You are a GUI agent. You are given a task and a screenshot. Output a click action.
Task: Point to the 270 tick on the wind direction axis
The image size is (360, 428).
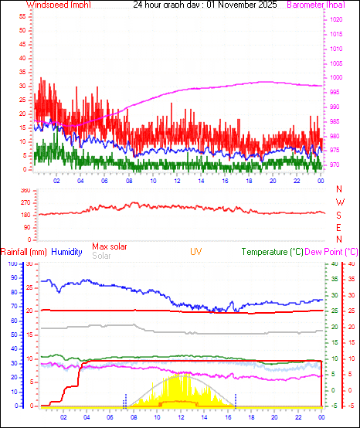[25, 202]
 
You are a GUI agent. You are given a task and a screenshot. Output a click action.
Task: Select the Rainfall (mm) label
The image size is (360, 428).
[24, 252]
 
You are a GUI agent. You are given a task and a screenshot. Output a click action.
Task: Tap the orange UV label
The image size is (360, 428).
[197, 252]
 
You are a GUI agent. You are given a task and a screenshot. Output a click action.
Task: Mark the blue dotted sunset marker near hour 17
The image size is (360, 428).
[236, 399]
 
